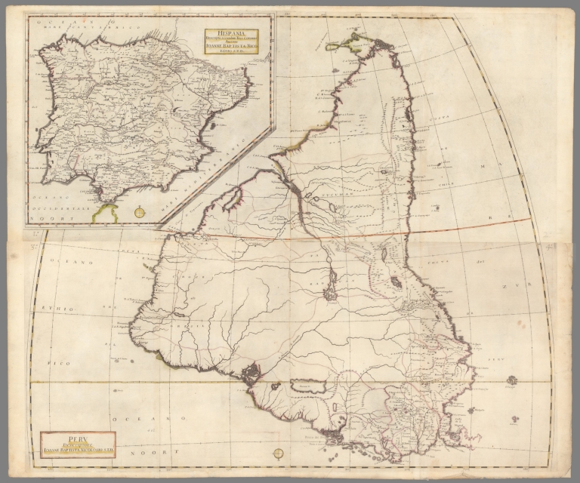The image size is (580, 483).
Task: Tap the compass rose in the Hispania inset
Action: [x=140, y=212]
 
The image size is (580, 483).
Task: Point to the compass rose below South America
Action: [x=278, y=454]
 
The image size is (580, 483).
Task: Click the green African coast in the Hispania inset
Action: [x=106, y=214]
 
